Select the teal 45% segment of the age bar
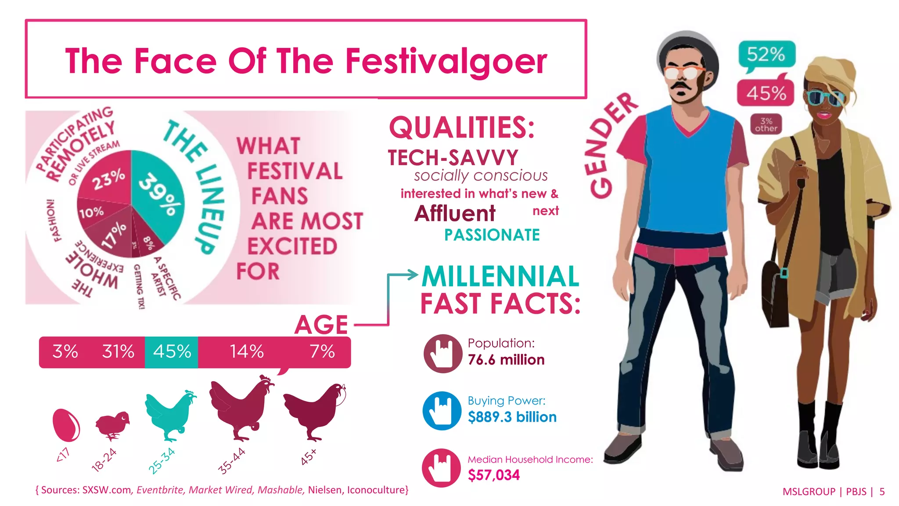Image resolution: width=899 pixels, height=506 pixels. (x=172, y=352)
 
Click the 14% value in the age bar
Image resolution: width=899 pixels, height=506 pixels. (x=247, y=352)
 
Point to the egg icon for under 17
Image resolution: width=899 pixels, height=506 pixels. (x=66, y=424)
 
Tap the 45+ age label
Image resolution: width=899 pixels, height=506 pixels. (x=309, y=457)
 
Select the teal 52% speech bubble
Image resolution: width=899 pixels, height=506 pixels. (x=766, y=55)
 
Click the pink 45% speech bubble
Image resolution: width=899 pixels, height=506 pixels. (x=766, y=93)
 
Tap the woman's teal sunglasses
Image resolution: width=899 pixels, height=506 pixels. (x=825, y=98)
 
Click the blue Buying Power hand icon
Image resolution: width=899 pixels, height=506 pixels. (x=442, y=411)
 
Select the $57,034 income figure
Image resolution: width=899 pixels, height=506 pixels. (x=494, y=475)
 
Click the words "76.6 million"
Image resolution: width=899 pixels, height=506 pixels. (x=506, y=360)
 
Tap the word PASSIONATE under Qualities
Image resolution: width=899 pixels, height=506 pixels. (x=492, y=235)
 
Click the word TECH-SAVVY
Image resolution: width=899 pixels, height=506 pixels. (x=453, y=158)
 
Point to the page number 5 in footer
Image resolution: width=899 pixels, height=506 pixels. (x=882, y=492)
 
